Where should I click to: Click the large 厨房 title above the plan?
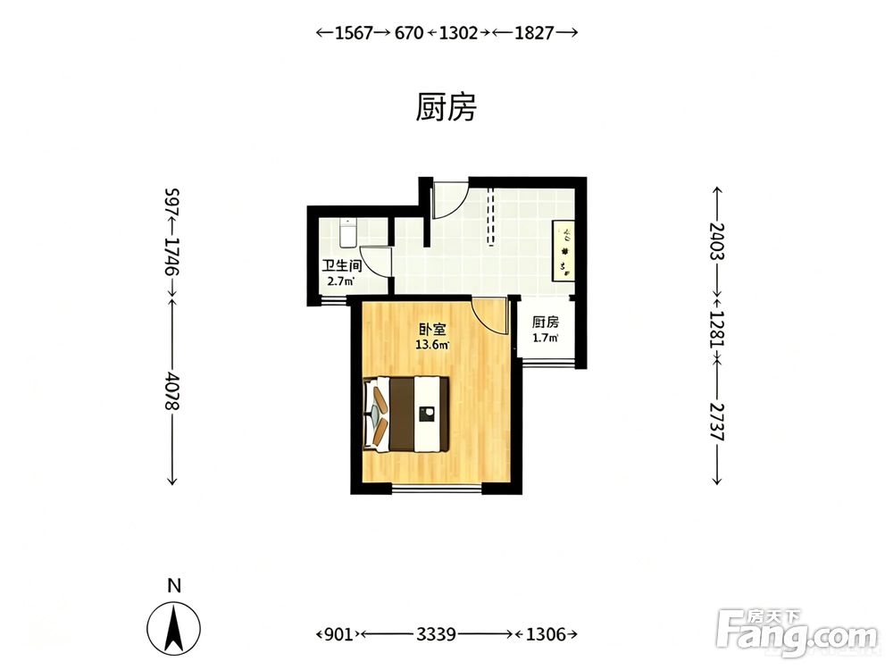click(446, 108)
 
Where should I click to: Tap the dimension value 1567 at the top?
click(353, 33)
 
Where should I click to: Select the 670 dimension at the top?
click(409, 33)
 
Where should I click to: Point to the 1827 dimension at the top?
click(534, 33)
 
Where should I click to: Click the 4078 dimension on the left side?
click(172, 390)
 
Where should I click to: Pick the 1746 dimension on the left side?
click(172, 256)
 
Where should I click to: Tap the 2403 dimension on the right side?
click(717, 241)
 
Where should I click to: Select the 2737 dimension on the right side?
click(717, 422)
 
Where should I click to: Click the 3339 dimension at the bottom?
click(436, 633)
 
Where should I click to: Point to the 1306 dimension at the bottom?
click(545, 633)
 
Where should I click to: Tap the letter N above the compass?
click(174, 586)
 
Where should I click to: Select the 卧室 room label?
click(432, 330)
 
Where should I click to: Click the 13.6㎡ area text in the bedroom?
click(432, 345)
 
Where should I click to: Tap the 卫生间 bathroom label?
click(342, 266)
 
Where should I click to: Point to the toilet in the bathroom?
click(348, 233)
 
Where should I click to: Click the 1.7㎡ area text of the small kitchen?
click(545, 338)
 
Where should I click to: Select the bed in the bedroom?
click(406, 415)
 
